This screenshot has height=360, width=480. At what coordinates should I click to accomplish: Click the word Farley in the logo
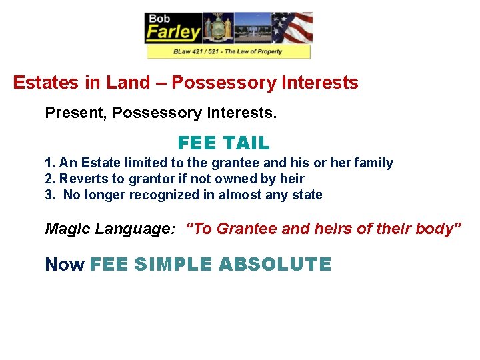(x=173, y=31)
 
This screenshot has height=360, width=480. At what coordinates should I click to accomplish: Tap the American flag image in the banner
(x=292, y=27)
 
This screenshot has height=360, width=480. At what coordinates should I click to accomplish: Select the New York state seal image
(x=218, y=27)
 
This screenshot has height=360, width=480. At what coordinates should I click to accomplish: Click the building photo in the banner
(x=253, y=27)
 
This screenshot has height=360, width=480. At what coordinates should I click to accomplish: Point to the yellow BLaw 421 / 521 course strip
(x=228, y=51)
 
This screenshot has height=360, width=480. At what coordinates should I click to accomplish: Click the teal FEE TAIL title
(x=223, y=143)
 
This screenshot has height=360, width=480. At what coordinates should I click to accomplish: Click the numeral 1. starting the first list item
(x=50, y=163)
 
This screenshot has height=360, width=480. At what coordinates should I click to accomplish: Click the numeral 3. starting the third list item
(x=50, y=195)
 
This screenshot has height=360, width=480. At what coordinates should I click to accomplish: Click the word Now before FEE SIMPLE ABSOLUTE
(x=64, y=264)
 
